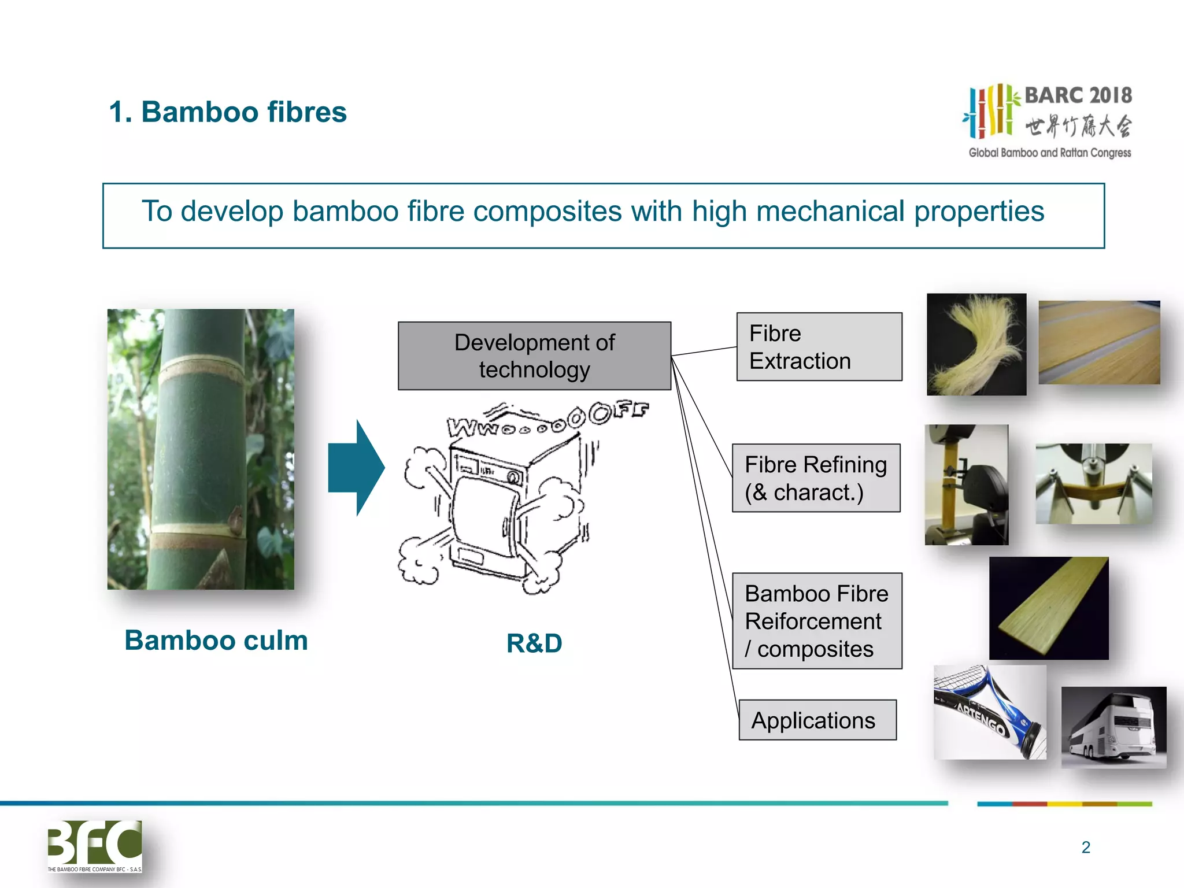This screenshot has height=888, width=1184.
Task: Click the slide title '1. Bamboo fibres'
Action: pyautogui.click(x=228, y=112)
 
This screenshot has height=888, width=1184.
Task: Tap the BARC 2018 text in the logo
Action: pyautogui.click(x=1078, y=95)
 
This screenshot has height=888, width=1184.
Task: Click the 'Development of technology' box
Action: pyautogui.click(x=534, y=356)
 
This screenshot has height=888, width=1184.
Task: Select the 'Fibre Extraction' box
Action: pyautogui.click(x=819, y=347)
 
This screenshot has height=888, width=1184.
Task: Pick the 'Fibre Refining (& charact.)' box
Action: pyautogui.click(x=816, y=478)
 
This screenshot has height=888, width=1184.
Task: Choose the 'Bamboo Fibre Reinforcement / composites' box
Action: pyautogui.click(x=817, y=621)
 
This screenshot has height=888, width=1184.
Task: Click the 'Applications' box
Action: pyautogui.click(x=817, y=720)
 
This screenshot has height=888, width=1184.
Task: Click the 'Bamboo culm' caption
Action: pyautogui.click(x=216, y=641)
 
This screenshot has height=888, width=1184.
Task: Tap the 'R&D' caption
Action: pyautogui.click(x=534, y=643)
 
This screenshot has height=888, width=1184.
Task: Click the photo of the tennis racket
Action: pyautogui.click(x=989, y=712)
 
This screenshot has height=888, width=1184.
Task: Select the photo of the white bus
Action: pyautogui.click(x=1113, y=727)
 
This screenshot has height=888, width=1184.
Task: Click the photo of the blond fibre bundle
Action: pyautogui.click(x=976, y=345)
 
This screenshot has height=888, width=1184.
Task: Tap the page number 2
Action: pyautogui.click(x=1086, y=848)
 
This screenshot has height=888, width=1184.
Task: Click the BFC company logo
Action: pyautogui.click(x=95, y=845)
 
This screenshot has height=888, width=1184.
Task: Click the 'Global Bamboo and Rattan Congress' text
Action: pyautogui.click(x=1050, y=153)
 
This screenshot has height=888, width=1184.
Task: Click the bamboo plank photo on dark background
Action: pyautogui.click(x=1049, y=608)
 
